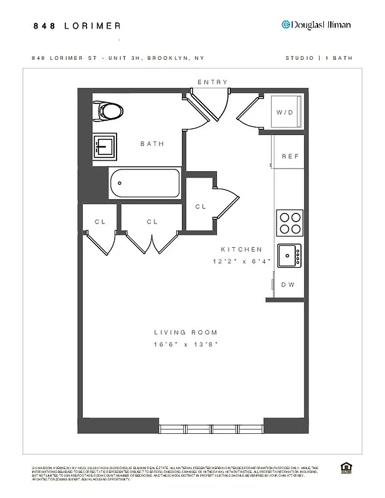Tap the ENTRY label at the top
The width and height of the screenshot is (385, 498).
tap(212, 82)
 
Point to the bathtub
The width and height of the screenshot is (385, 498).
tap(145, 183)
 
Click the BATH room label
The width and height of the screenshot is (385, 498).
tap(152, 144)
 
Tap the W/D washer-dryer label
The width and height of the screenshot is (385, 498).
tap(285, 113)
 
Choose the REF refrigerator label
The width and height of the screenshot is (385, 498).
tap(290, 156)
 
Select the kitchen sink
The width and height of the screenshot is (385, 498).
tap(288, 255)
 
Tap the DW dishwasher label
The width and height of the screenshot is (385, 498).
tap(287, 284)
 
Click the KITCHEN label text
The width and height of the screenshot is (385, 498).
tap(241, 249)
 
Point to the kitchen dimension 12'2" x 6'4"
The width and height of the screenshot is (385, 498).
tap(242, 262)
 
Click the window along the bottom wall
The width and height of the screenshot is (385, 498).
tap(212, 429)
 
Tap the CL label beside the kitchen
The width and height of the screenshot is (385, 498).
tap(201, 207)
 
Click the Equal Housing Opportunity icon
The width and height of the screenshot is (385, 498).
tap(345, 468)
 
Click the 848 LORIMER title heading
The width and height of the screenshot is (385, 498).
tap(77, 26)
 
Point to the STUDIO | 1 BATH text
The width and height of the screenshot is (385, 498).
tap(318, 58)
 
